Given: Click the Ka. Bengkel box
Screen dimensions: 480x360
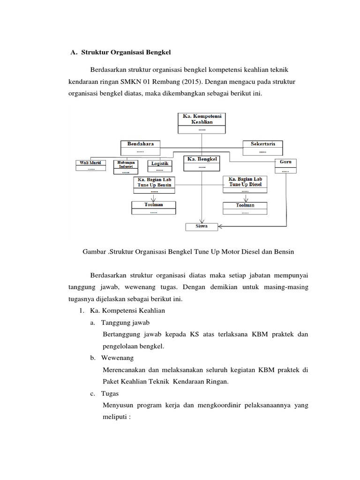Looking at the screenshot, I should click(202, 162).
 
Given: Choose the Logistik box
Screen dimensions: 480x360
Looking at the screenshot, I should click(160, 165).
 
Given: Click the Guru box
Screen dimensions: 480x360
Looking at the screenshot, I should click(285, 165).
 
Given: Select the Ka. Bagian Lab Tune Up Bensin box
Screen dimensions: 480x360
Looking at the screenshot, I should click(154, 185).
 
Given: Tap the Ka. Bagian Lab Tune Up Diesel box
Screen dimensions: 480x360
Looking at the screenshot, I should click(245, 184).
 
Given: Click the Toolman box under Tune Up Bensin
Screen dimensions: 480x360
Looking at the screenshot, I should click(154, 208).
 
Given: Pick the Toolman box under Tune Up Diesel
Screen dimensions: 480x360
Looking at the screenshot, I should click(245, 208).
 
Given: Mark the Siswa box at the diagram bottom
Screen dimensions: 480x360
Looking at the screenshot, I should click(202, 227).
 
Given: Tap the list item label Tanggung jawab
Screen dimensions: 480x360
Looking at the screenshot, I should click(125, 322).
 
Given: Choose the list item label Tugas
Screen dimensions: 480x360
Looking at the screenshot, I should click(110, 393).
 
